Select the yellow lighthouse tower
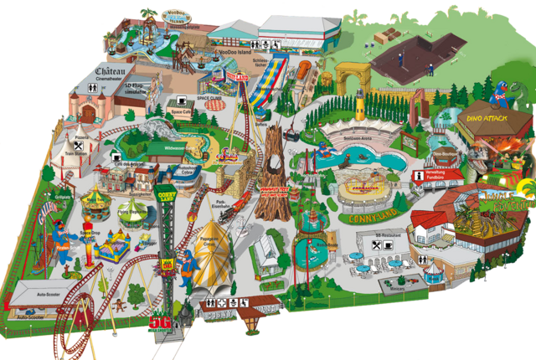pos(359,105)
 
